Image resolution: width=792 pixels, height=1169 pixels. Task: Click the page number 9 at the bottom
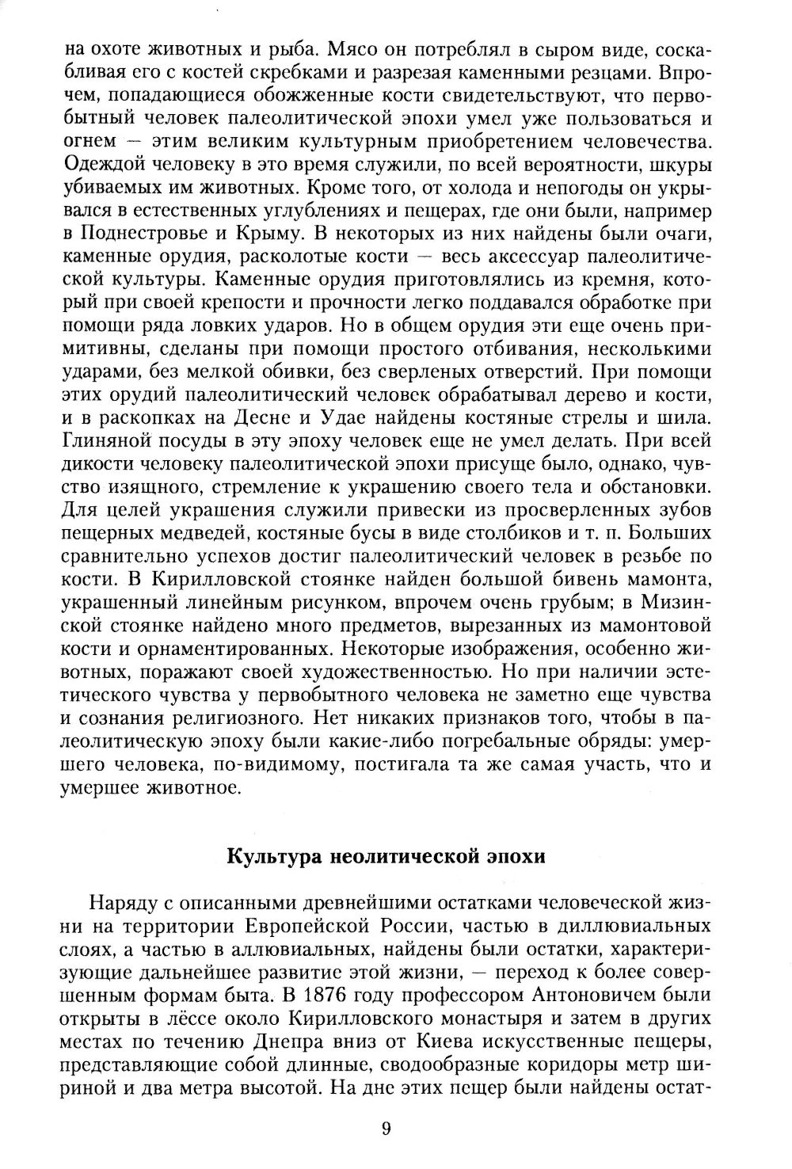point(386,1130)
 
